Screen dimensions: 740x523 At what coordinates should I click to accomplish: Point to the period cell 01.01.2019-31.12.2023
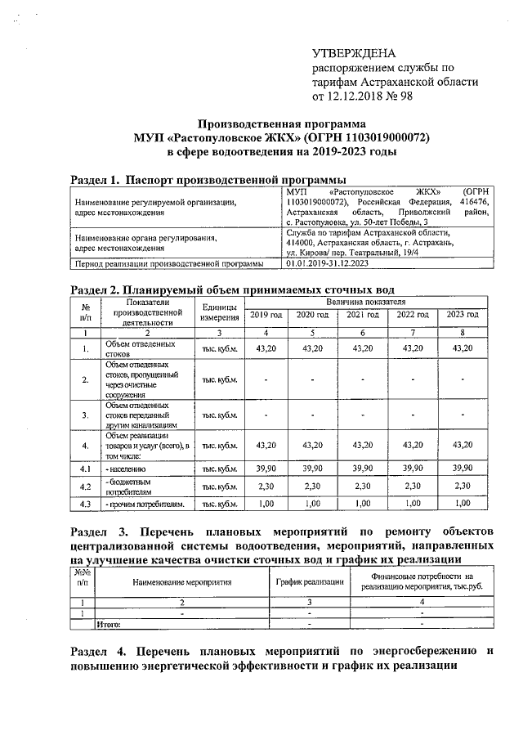point(329,263)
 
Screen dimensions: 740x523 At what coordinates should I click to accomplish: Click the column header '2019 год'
point(266,315)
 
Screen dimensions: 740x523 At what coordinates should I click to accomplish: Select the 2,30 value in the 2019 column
point(266,487)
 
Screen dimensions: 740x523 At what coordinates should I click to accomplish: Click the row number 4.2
point(84,487)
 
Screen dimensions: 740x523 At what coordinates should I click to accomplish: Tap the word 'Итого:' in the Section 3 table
point(109,624)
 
